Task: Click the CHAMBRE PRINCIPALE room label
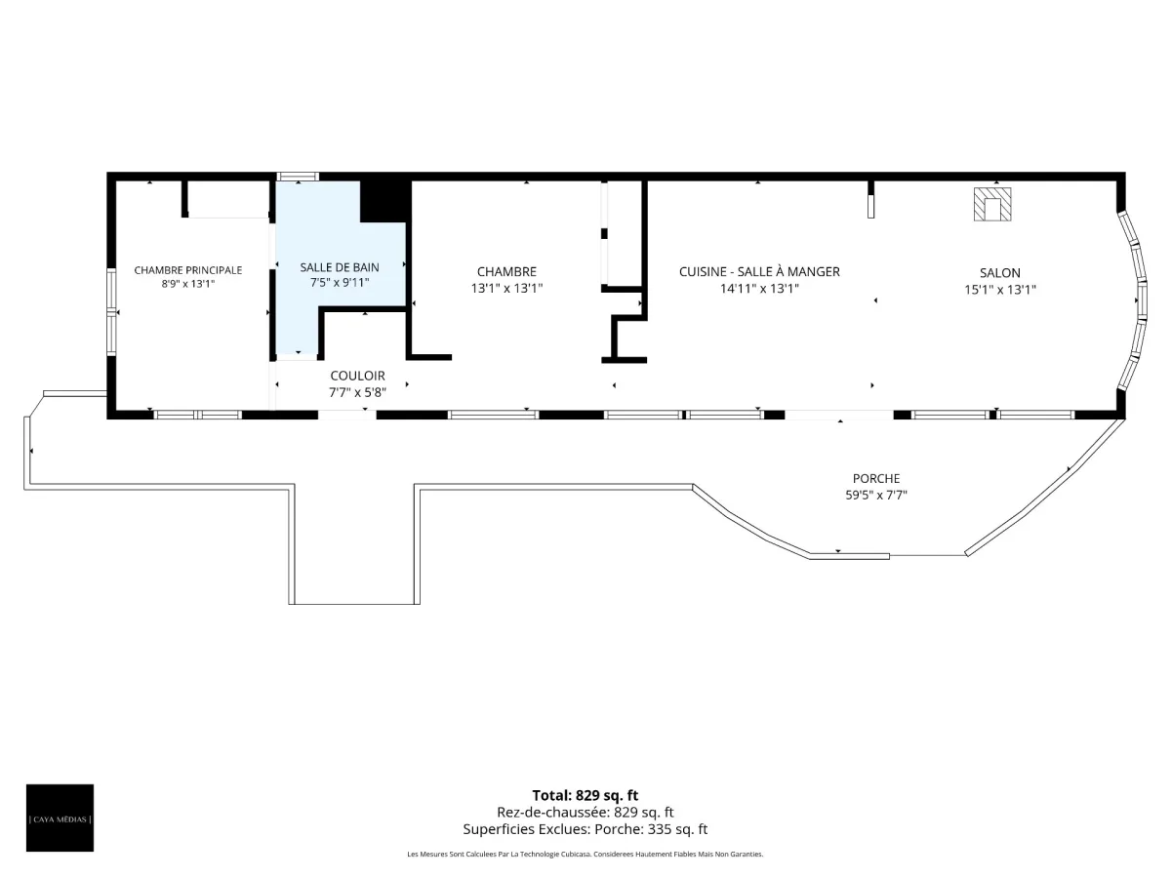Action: (x=187, y=270)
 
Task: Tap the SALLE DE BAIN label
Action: (x=340, y=267)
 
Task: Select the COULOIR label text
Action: (x=357, y=376)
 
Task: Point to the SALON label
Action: (x=1000, y=273)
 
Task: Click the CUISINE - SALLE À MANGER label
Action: (x=759, y=272)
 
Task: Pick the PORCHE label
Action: (x=876, y=479)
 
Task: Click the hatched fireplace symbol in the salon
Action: (x=992, y=204)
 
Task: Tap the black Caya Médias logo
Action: (x=60, y=818)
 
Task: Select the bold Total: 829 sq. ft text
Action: (x=585, y=795)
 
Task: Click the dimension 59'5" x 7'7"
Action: (x=876, y=496)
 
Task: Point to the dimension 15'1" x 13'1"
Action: (x=1000, y=290)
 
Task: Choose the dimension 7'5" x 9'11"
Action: (x=340, y=283)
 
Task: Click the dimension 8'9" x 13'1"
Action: (x=187, y=284)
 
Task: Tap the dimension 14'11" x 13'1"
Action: (x=759, y=289)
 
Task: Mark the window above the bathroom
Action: (x=298, y=177)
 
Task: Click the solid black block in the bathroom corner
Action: (x=385, y=201)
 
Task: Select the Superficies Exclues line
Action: (x=585, y=829)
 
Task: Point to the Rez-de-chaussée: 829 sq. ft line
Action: (x=585, y=813)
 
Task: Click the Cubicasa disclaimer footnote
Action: (x=585, y=854)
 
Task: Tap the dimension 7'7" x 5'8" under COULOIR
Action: (x=357, y=393)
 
